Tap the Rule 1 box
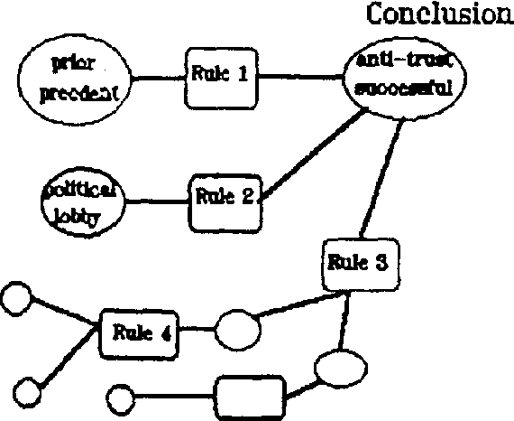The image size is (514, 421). [x=220, y=75]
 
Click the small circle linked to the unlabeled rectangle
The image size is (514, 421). [x=120, y=398]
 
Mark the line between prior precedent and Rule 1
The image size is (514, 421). [x=159, y=78]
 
